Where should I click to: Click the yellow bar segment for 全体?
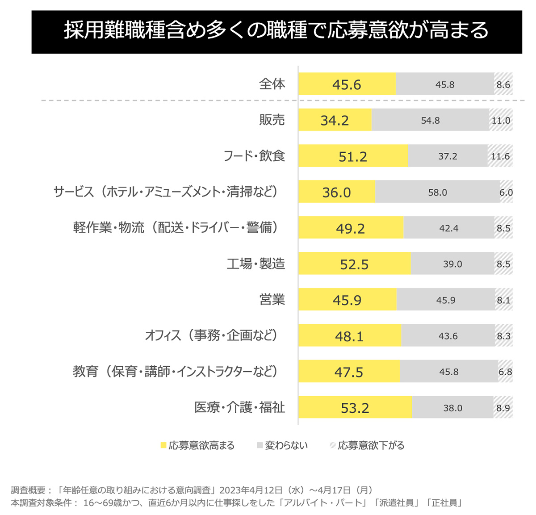[x=347, y=84]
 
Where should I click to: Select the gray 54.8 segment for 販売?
[x=430, y=121]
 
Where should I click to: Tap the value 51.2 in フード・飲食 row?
[x=352, y=157]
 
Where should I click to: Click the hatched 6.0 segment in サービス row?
[x=506, y=193]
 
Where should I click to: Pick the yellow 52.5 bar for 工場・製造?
[x=354, y=264]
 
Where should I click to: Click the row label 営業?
[x=272, y=300]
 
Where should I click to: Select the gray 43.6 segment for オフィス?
[x=448, y=336]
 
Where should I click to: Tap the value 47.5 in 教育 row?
[x=349, y=372]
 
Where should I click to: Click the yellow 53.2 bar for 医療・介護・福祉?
[x=355, y=408]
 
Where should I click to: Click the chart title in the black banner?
[x=276, y=31]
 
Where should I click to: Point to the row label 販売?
[x=272, y=120]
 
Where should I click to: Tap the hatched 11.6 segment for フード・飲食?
[x=500, y=156]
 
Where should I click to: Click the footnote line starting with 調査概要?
[x=192, y=490]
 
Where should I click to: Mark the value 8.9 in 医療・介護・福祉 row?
[x=503, y=408]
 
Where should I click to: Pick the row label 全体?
[x=272, y=84]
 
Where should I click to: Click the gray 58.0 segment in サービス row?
[x=437, y=193]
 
